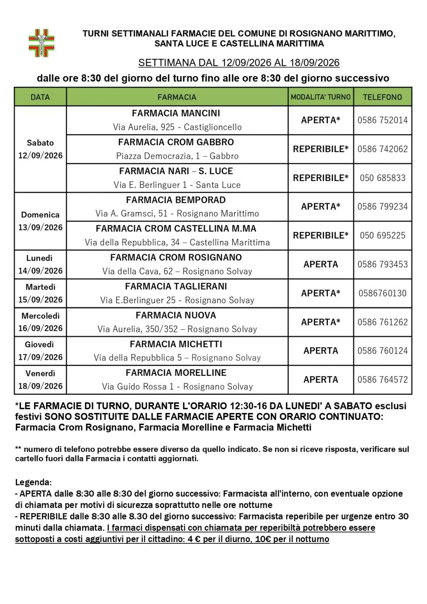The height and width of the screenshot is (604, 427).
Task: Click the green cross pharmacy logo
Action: coord(41,43)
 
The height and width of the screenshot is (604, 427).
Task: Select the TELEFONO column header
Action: coord(382,97)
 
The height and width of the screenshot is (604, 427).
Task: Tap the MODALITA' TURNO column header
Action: coord(320,97)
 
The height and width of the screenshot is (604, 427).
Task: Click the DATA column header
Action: coord(40,97)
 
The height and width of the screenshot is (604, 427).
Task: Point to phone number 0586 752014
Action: coord(383,120)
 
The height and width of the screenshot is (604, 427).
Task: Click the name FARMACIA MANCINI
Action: coord(176,113)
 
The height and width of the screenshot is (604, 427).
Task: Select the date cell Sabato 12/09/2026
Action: coord(40,149)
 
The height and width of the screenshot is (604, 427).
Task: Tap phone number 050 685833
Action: coord(383,178)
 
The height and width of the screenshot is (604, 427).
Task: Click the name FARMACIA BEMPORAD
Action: coord(176,200)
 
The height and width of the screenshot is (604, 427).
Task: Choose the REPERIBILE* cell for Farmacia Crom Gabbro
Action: coord(320,149)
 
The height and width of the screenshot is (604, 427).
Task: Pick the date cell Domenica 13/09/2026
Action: coord(40,221)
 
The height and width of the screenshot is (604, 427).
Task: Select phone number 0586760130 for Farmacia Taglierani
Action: coord(383,293)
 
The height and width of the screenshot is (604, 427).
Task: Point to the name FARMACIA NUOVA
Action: coord(176,315)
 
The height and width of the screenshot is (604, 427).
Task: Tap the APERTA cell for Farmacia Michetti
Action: coord(320,351)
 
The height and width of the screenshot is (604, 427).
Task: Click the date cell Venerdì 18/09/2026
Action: coord(40,380)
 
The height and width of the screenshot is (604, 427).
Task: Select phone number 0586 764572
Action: coord(383,379)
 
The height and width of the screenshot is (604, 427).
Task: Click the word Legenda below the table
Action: coord(33,482)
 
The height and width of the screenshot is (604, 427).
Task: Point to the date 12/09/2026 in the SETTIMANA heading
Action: coord(246,63)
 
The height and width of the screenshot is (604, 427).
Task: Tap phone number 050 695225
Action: coord(383,235)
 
